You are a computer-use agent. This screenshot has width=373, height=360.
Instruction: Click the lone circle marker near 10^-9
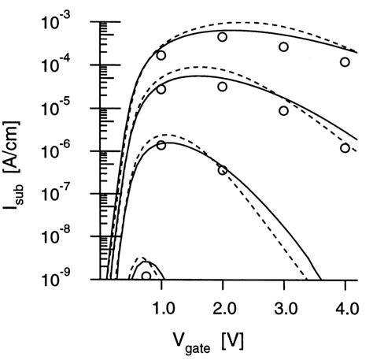[x=146, y=276]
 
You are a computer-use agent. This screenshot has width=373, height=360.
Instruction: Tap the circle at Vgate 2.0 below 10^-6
[x=223, y=170]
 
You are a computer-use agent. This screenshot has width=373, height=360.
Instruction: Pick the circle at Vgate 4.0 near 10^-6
[x=345, y=147]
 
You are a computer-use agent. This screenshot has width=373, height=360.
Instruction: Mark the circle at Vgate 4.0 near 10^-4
[x=345, y=61]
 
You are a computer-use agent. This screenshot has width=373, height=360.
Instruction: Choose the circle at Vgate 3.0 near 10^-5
[x=284, y=110]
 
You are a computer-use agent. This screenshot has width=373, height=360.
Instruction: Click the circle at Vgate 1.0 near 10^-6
[x=161, y=145]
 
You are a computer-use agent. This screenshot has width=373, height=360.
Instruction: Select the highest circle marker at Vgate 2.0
[x=223, y=37]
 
